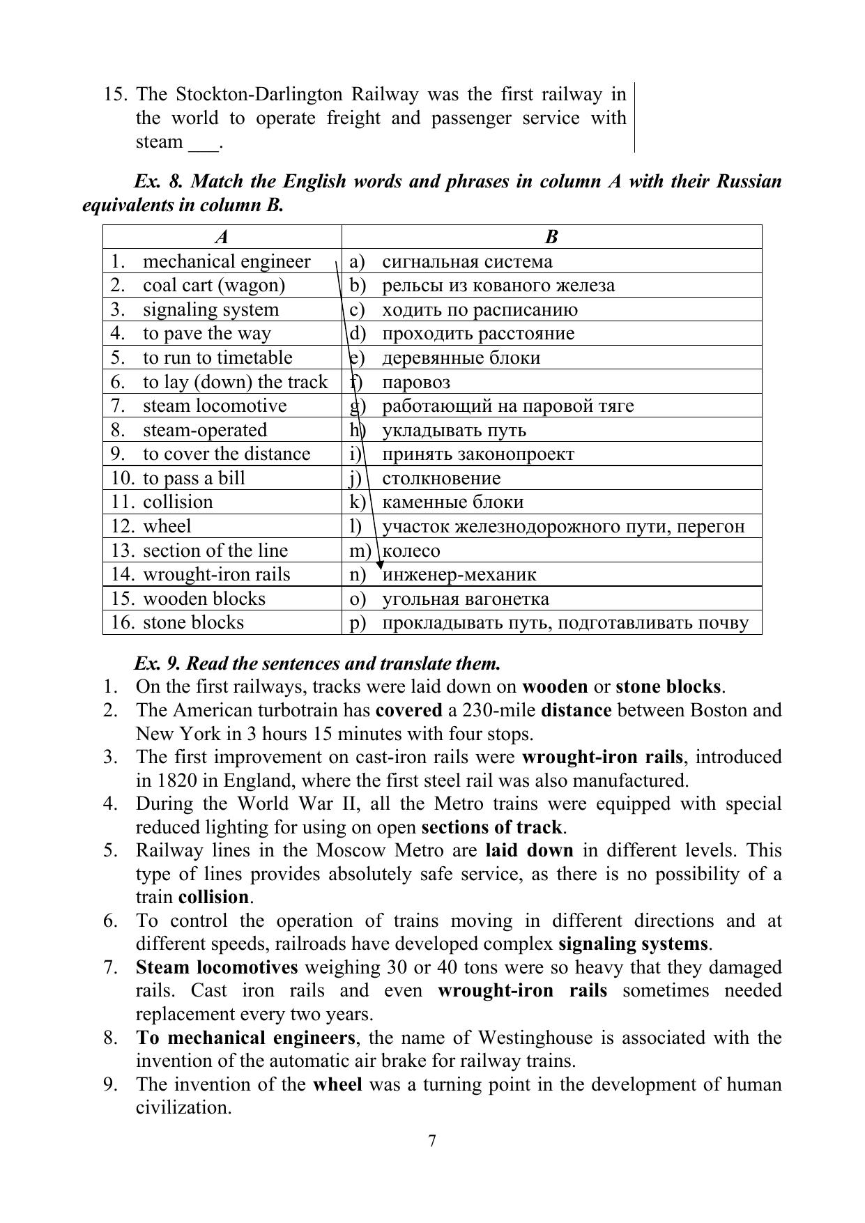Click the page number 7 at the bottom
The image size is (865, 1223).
coord(432,1141)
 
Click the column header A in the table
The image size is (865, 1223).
coord(222,237)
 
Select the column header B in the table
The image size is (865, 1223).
coord(551,237)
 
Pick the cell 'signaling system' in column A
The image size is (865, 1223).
coord(210,309)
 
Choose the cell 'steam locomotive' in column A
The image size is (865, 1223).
coord(215,406)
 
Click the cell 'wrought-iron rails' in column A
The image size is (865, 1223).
coord(216,574)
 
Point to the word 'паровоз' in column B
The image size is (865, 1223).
coord(416,382)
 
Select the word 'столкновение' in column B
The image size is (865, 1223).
coord(441,478)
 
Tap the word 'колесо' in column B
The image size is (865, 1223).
coord(411,551)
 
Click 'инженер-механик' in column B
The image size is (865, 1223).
coord(459,574)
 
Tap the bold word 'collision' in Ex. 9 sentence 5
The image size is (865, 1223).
coord(213,897)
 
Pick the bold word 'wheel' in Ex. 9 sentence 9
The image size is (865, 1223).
coord(337,1084)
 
